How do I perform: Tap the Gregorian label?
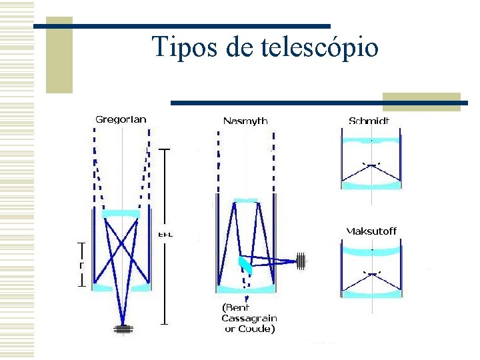(121, 119)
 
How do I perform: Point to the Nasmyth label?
(245, 121)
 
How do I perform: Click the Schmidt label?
(369, 121)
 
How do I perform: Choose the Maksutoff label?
(371, 231)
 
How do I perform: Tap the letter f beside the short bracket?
(81, 265)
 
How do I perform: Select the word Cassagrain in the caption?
(249, 318)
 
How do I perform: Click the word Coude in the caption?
(255, 328)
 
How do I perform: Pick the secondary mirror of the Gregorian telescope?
(121, 213)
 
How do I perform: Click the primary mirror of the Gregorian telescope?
(121, 288)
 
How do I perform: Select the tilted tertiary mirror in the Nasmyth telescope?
(245, 265)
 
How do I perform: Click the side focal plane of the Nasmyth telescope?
(301, 261)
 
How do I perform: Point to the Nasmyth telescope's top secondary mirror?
(245, 200)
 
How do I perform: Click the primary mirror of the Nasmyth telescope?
(245, 289)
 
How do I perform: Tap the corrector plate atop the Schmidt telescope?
(371, 141)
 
